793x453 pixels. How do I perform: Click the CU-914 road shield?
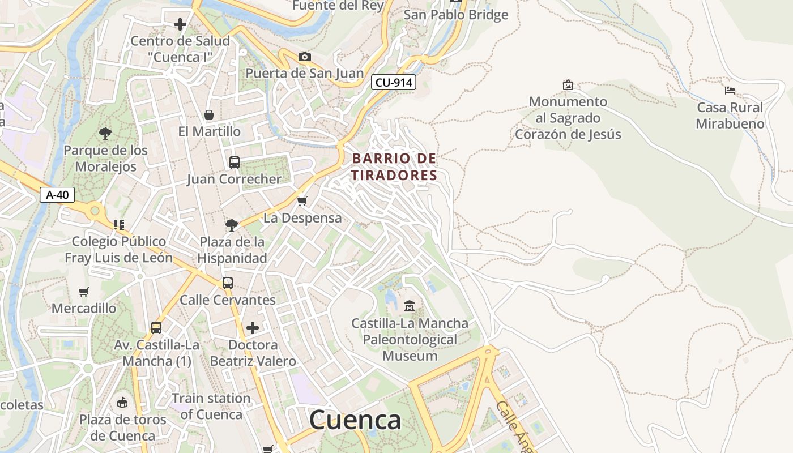pyautogui.click(x=394, y=83)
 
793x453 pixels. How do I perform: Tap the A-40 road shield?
pyautogui.click(x=57, y=195)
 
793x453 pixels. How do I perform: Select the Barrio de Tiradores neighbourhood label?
pyautogui.click(x=394, y=167)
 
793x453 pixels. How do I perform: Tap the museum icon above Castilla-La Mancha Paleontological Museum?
pyautogui.click(x=410, y=306)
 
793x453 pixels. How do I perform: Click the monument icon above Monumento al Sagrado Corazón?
pyautogui.click(x=568, y=85)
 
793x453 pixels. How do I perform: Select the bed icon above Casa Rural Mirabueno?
pyautogui.click(x=730, y=90)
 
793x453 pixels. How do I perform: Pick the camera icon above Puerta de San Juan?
pyautogui.click(x=304, y=57)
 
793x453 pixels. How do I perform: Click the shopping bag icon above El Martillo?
pyautogui.click(x=209, y=115)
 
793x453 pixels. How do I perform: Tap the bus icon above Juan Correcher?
pyautogui.click(x=234, y=163)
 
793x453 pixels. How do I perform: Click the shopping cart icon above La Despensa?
pyautogui.click(x=302, y=201)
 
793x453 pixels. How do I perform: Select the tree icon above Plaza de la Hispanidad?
pyautogui.click(x=231, y=225)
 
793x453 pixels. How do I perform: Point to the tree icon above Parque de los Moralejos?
pyautogui.click(x=105, y=134)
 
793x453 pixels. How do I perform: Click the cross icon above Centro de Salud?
pyautogui.click(x=180, y=24)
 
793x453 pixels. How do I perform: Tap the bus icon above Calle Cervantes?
pyautogui.click(x=227, y=283)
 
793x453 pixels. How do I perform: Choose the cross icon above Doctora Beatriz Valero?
pyautogui.click(x=253, y=328)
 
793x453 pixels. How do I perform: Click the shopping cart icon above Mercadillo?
pyautogui.click(x=84, y=292)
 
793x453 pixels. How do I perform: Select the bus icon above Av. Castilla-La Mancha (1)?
pyautogui.click(x=156, y=328)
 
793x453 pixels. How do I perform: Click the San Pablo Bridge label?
pyautogui.click(x=455, y=15)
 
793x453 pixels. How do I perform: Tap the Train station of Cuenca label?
pyautogui.click(x=211, y=406)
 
